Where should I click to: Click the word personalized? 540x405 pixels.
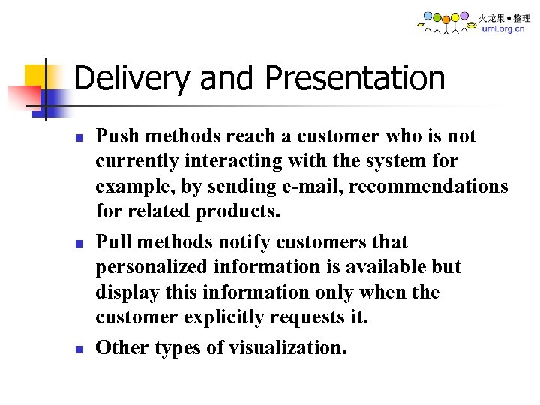(x=152, y=267)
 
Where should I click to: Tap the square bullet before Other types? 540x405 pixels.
(x=80, y=349)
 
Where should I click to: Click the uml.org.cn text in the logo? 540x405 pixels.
(x=502, y=29)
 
